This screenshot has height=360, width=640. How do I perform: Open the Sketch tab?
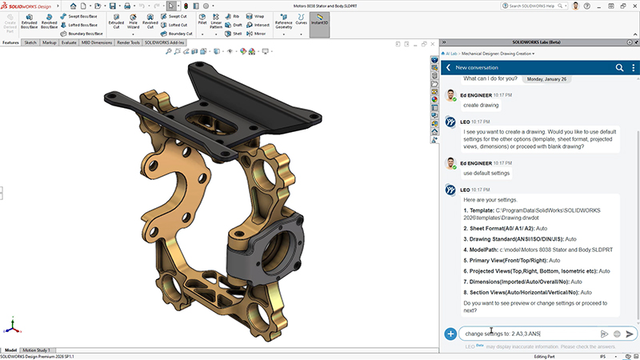click(x=30, y=42)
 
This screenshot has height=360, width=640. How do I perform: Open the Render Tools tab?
click(x=130, y=42)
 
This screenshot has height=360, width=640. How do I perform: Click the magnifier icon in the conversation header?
click(x=620, y=68)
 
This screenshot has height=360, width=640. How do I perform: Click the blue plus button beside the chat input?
click(x=451, y=334)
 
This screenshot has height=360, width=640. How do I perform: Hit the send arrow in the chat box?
click(x=630, y=334)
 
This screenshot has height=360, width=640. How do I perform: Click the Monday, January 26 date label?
click(x=546, y=79)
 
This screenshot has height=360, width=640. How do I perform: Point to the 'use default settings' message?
click(x=487, y=173)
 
